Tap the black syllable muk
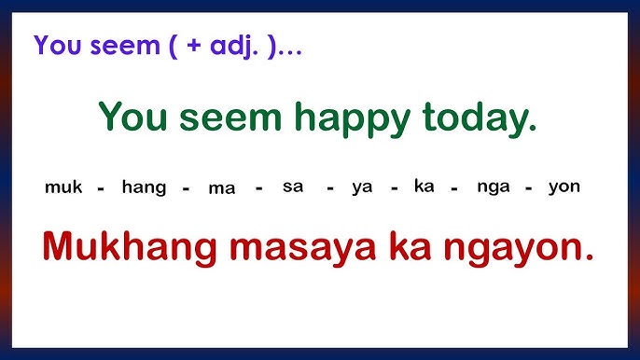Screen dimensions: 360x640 tap(63, 187)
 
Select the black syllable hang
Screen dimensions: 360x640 tap(144, 187)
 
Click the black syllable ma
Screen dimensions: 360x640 tap(222, 187)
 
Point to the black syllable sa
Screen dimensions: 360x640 tap(293, 187)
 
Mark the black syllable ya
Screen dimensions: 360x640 tap(362, 187)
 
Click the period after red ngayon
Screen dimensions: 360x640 tap(588, 256)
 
